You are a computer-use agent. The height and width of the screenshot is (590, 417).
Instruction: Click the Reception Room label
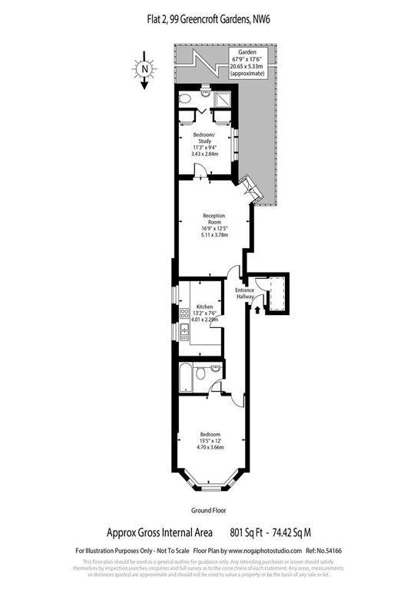tap(213, 219)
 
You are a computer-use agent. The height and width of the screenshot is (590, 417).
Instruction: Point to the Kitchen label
tap(204, 307)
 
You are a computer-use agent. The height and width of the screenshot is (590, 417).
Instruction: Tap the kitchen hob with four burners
tap(184, 313)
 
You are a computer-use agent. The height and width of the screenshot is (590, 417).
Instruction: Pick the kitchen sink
tap(184, 331)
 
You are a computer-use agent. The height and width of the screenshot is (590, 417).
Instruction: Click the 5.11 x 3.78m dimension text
tap(213, 236)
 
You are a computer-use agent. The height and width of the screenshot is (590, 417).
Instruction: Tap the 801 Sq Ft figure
tap(246, 530)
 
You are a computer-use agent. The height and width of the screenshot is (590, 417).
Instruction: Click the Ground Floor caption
tap(208, 509)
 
